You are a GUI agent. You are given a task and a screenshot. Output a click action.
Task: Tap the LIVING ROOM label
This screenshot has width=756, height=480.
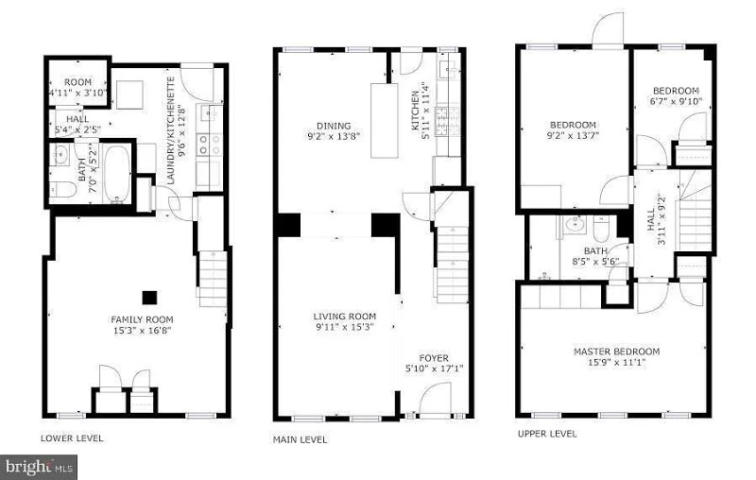(345, 317)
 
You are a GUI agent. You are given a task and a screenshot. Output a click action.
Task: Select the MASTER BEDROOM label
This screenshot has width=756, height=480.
(616, 351)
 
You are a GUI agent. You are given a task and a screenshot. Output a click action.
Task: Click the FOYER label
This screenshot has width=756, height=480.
(434, 357)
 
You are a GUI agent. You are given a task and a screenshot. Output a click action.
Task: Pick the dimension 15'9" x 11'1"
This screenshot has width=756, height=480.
(616, 363)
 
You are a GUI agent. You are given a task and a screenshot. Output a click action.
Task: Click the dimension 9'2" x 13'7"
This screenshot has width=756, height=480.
(574, 136)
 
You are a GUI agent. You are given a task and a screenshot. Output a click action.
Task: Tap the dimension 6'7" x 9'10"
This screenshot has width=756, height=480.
(676, 101)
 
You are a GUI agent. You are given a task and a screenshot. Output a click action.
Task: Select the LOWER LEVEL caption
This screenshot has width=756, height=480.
(73, 437)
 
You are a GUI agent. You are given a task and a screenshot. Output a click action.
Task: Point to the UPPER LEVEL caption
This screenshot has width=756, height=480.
(546, 434)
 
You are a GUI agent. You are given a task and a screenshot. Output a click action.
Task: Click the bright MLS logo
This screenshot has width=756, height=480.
(40, 466)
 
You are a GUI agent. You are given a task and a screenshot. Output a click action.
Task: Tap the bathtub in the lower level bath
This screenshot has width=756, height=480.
(117, 173)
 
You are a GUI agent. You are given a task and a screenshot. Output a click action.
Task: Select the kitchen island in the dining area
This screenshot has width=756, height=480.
(383, 121)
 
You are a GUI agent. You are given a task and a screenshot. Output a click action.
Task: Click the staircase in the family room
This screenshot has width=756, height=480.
(213, 275)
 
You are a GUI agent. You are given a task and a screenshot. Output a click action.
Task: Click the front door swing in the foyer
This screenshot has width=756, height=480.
(431, 402)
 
